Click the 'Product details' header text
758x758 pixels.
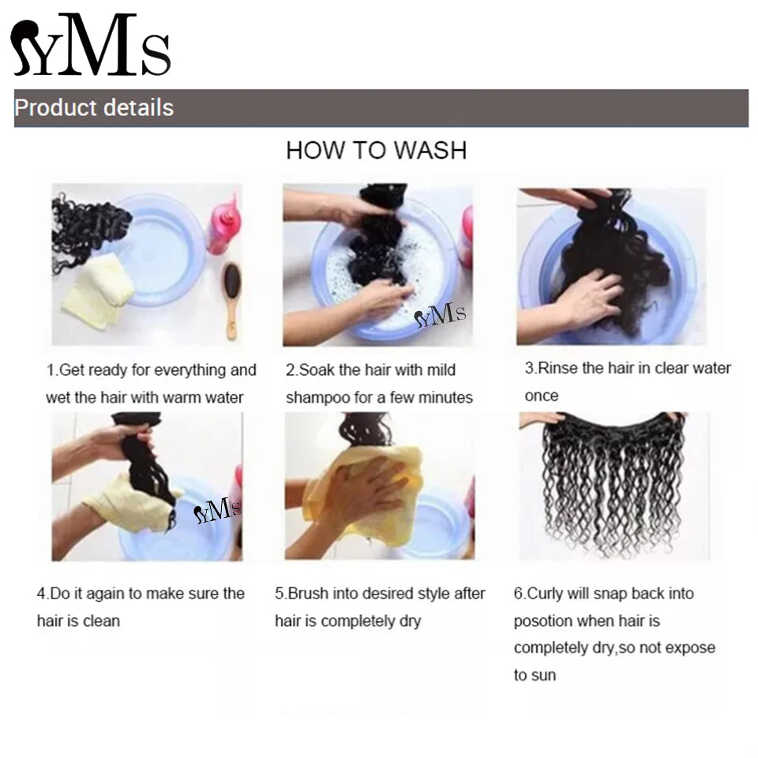pos(94,107)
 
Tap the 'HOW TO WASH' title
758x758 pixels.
pos(376,150)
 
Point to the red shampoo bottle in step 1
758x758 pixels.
pos(221,221)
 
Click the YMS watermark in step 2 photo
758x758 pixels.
pos(440,317)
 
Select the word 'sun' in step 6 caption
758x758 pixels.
pos(545,675)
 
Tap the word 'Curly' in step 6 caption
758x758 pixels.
pos(546,593)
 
